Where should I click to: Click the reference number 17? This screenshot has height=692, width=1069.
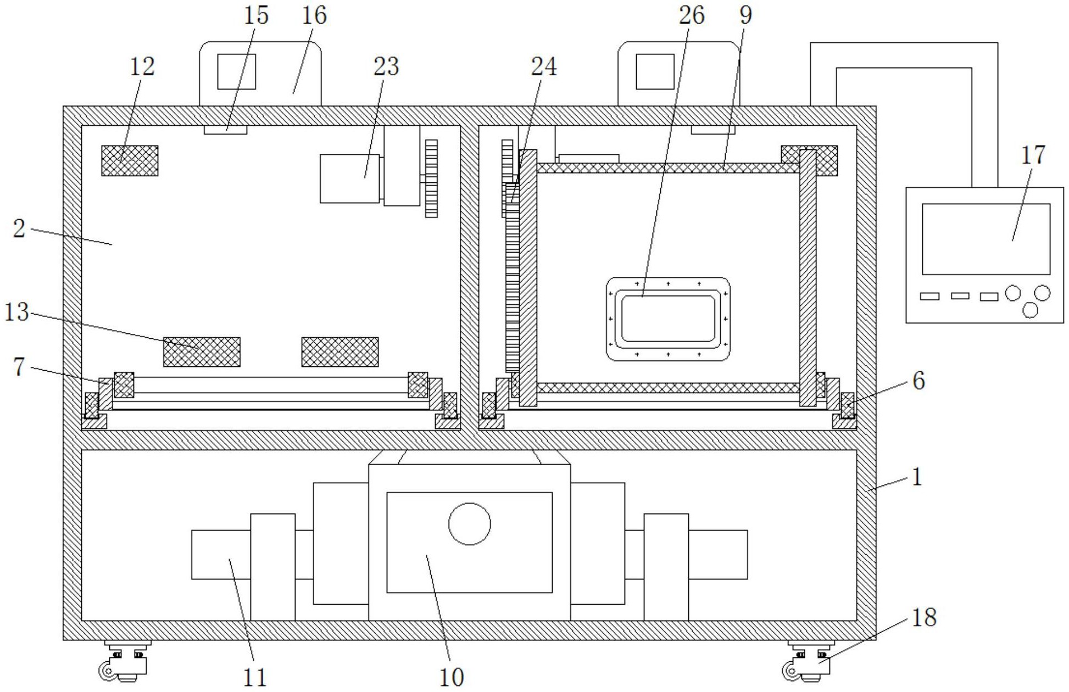(x=1033, y=155)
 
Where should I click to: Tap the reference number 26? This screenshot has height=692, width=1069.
(x=691, y=15)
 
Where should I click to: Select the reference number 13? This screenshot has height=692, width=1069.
(x=16, y=312)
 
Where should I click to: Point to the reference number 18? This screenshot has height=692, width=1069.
(x=924, y=617)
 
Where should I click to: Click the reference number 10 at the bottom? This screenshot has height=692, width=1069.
(x=451, y=677)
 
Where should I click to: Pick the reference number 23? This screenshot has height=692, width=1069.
(x=386, y=66)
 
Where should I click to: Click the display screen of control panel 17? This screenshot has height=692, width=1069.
(x=986, y=239)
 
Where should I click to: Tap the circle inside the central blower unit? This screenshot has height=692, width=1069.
(x=469, y=523)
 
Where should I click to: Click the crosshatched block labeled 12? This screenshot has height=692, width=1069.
(x=130, y=161)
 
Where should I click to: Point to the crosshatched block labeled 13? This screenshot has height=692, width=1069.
(x=202, y=352)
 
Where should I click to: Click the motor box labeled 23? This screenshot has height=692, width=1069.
(x=349, y=178)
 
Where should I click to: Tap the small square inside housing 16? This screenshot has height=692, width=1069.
(x=236, y=71)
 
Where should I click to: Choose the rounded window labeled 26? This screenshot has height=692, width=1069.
(x=667, y=319)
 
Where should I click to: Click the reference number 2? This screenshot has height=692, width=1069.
(x=19, y=228)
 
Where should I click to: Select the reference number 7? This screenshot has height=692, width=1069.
(x=19, y=366)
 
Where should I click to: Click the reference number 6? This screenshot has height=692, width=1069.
(x=918, y=380)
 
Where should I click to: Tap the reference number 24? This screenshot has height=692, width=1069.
(x=543, y=66)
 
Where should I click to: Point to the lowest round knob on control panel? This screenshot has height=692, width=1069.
(x=1030, y=310)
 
